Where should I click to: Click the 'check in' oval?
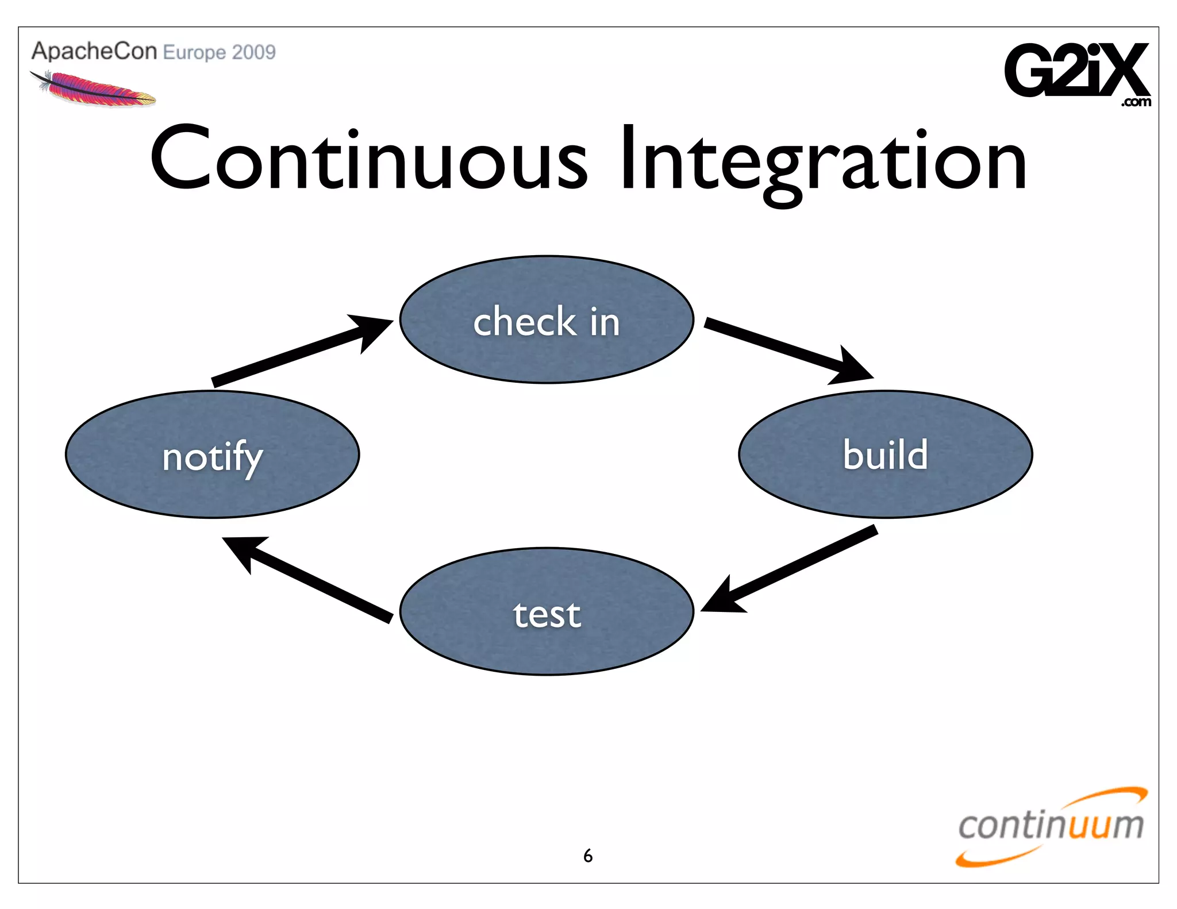tap(547, 319)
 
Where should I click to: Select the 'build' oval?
tap(885, 454)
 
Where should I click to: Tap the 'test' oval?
tap(547, 611)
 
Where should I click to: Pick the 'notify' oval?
tap(212, 454)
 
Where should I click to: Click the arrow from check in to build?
tap(787, 350)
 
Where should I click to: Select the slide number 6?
tap(587, 856)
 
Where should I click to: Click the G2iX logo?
tap(1075, 70)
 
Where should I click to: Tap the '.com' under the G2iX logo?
tap(1136, 102)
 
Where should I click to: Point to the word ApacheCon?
tap(94, 51)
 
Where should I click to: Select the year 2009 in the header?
tap(253, 52)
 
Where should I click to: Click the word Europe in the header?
tap(194, 53)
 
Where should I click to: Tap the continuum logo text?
tap(1051, 825)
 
